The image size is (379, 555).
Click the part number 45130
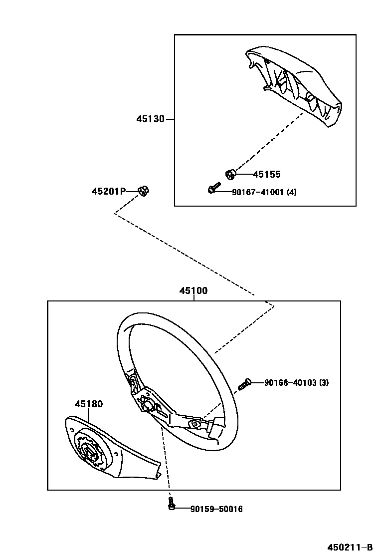click(x=151, y=119)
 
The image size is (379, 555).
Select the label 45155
click(x=266, y=174)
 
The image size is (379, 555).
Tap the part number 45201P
click(x=109, y=191)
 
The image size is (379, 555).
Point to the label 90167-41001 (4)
click(x=264, y=192)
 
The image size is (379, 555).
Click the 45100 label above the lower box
click(x=193, y=291)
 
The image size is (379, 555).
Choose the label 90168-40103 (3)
click(x=296, y=383)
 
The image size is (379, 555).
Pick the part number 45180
click(x=89, y=404)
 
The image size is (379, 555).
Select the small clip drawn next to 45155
click(x=230, y=174)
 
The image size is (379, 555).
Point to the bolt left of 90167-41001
click(x=213, y=188)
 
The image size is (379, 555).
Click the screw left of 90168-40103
click(x=244, y=384)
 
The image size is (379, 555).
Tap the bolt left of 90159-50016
click(x=171, y=505)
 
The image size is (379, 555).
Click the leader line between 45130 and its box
click(x=170, y=119)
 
